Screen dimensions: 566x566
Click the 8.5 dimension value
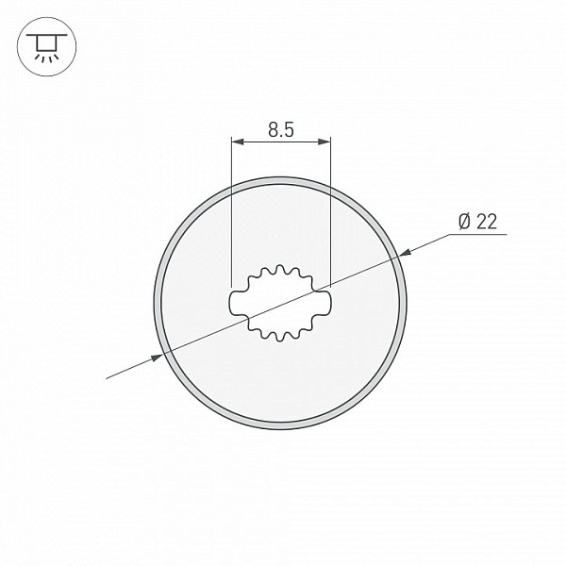[281, 129]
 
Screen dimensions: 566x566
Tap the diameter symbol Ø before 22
[465, 222]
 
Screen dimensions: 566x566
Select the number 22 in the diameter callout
[487, 222]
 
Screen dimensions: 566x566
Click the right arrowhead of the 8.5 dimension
[324, 141]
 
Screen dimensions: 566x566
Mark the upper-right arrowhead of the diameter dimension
[406, 252]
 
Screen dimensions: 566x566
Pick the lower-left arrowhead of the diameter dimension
[157, 358]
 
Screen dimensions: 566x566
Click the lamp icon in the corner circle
[46, 47]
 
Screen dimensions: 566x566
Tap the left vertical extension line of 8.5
[231, 212]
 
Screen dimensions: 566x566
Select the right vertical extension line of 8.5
[330, 212]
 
